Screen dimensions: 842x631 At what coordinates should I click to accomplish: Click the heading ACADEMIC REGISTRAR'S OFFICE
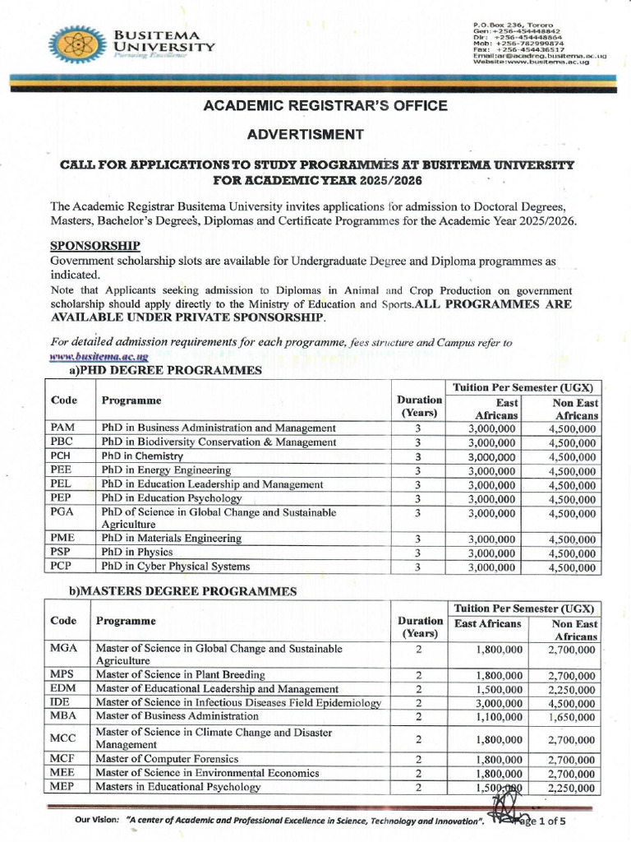click(315, 105)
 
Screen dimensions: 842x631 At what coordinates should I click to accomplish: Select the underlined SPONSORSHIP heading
click(94, 245)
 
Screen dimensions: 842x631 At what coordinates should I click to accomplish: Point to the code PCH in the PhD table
click(62, 456)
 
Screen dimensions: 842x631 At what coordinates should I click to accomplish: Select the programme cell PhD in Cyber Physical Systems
click(175, 566)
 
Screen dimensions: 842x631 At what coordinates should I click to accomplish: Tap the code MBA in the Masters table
click(63, 716)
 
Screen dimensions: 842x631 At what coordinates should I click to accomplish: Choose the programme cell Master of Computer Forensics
click(167, 759)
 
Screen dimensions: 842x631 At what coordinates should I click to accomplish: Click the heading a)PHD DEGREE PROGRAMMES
click(156, 372)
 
